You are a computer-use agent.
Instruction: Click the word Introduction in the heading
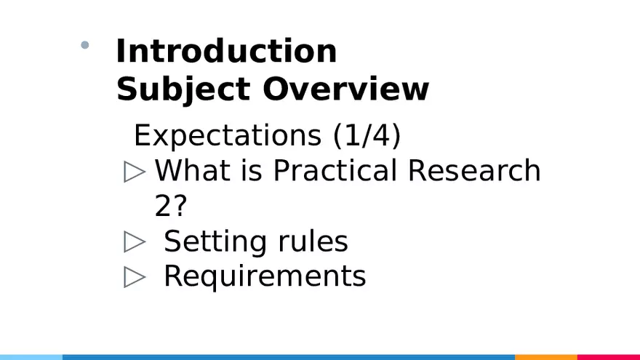coord(226,52)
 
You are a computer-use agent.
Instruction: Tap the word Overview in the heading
coord(345,89)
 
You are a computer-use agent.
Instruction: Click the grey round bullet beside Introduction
coord(85,45)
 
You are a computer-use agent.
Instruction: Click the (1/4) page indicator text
coord(367,136)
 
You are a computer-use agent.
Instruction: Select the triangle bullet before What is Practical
coord(135,172)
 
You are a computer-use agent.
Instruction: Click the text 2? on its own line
coord(171,207)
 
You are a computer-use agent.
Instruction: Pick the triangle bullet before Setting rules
coord(135,242)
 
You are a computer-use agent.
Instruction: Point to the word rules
coord(313,241)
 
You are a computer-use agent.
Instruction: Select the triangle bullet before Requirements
coord(135,277)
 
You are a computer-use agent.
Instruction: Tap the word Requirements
coord(265,276)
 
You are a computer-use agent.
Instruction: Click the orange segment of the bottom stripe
coord(545,357)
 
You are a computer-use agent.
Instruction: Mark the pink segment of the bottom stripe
coord(608,357)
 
